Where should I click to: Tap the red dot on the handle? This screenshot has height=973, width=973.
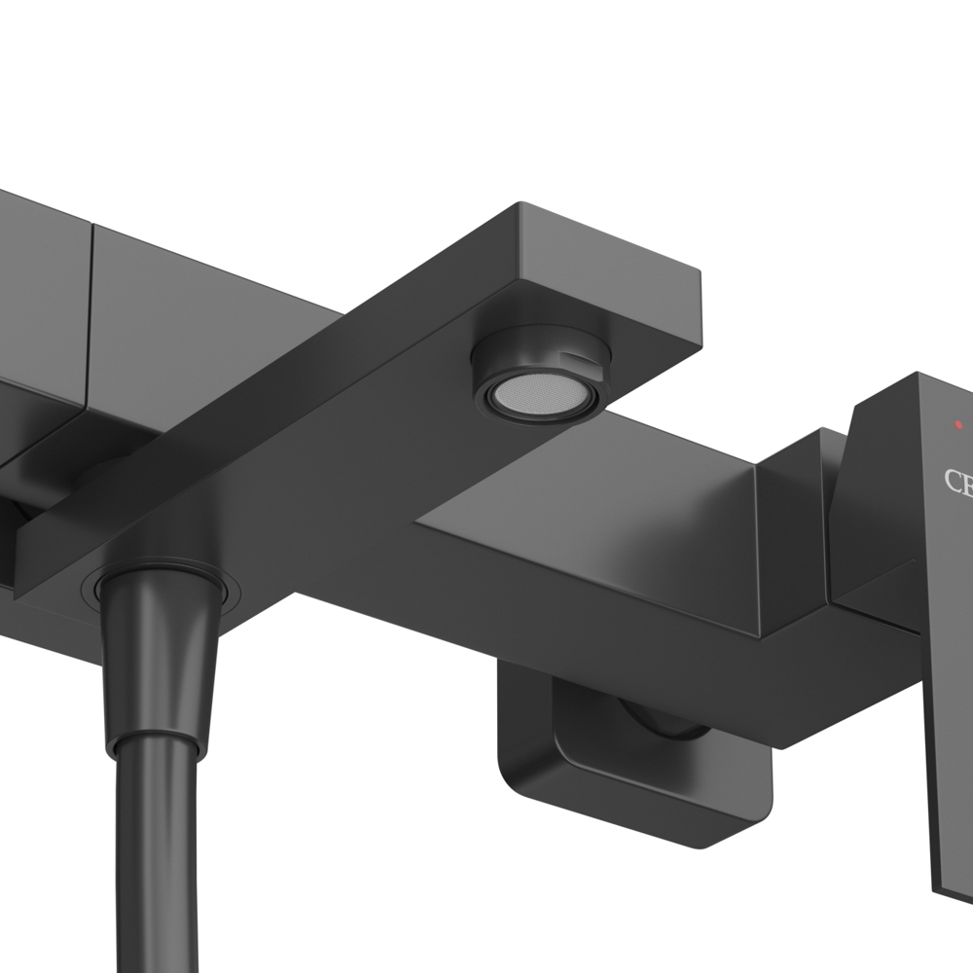[959, 424]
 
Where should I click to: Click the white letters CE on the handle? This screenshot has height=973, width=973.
[957, 481]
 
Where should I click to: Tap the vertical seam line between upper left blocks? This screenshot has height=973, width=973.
[91, 311]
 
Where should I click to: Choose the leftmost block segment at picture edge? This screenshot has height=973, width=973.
[39, 292]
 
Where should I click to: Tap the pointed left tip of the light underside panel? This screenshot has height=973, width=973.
[420, 525]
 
